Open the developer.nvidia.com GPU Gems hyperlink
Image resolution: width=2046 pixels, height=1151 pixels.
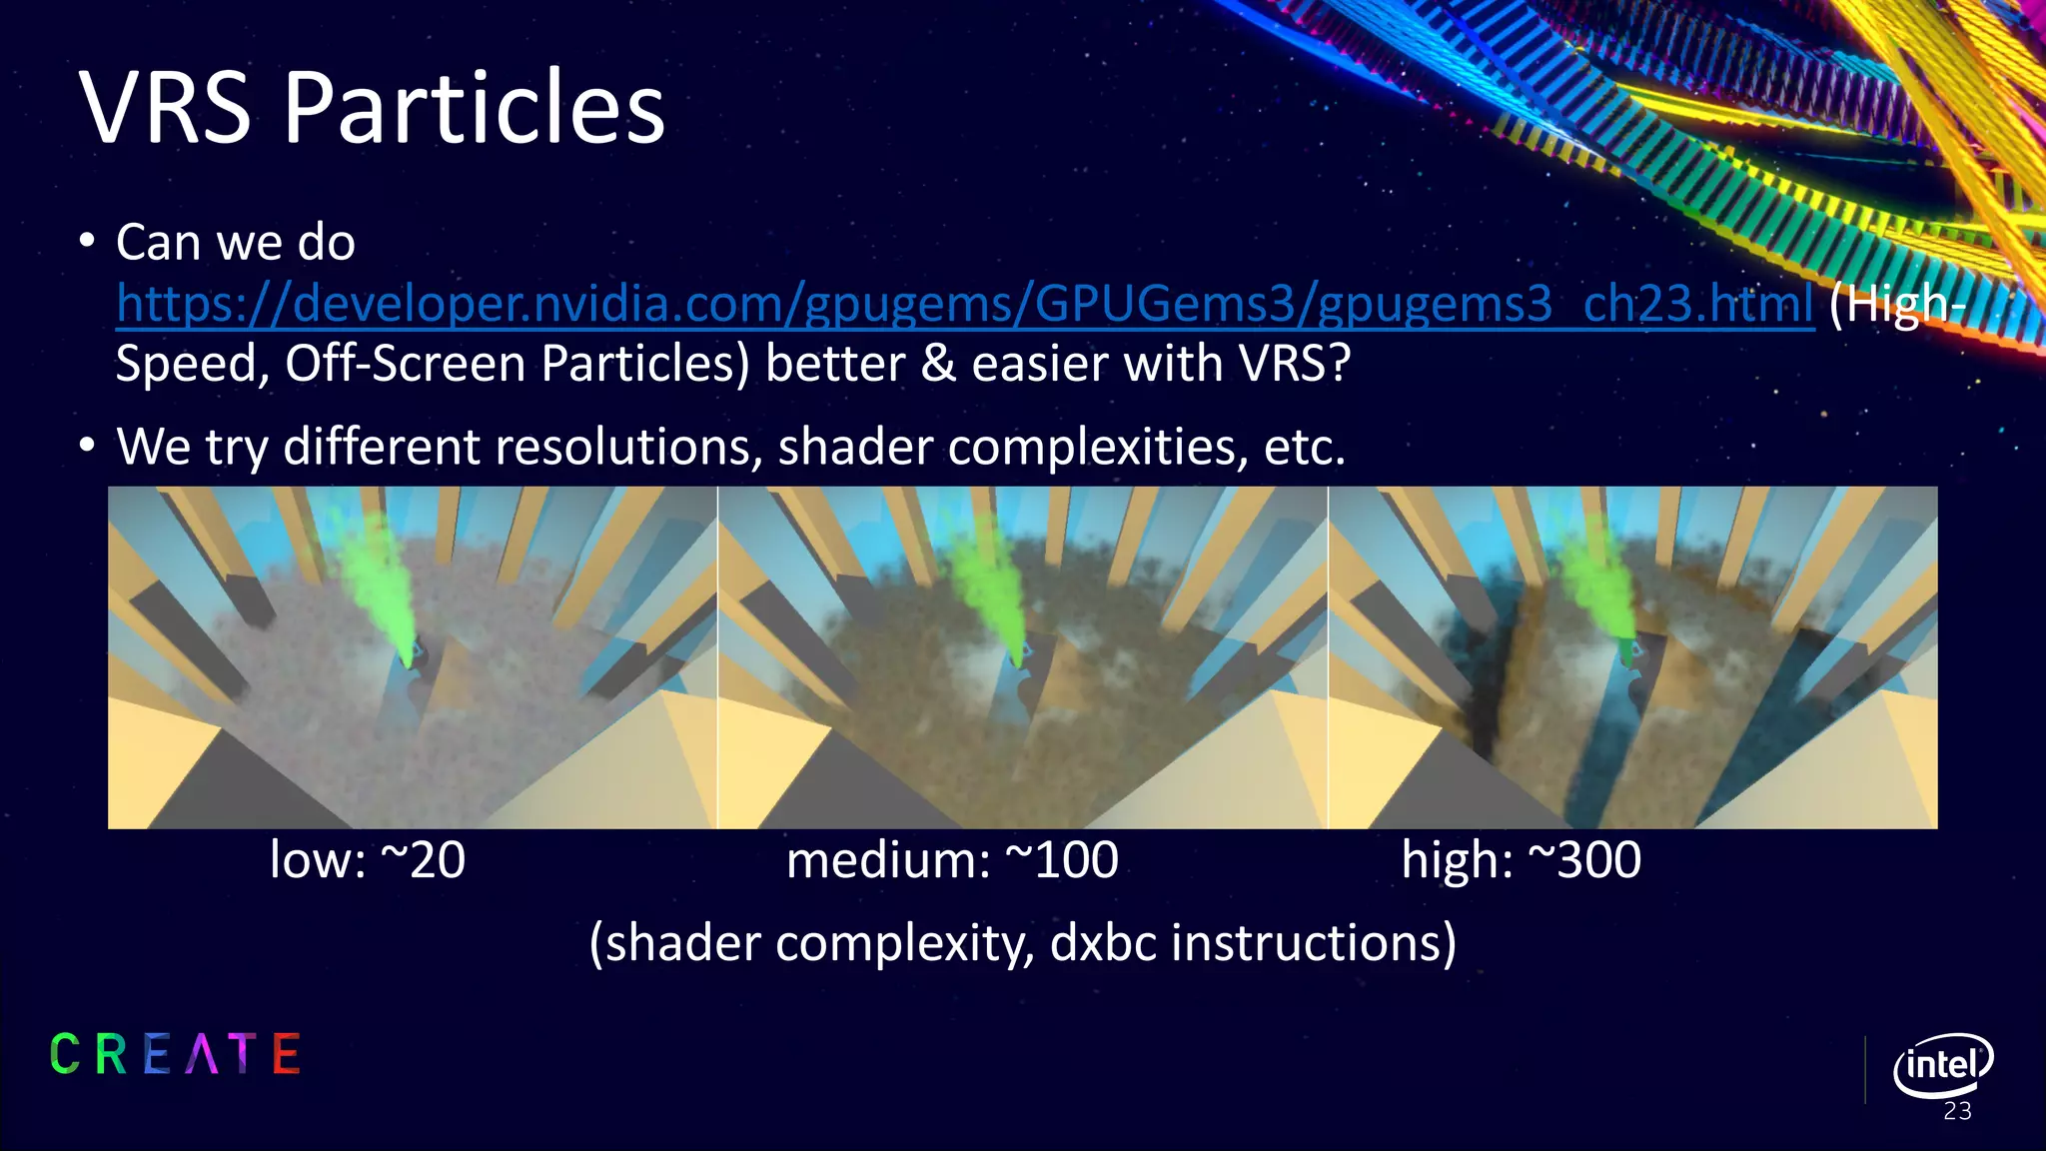(964, 304)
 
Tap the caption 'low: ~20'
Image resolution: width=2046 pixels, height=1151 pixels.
(367, 860)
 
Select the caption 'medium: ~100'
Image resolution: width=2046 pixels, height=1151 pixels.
(952, 860)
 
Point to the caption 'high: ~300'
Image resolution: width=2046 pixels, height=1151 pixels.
(1521, 860)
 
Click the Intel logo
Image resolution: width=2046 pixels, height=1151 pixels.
(1942, 1065)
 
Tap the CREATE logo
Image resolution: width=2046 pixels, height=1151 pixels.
(175, 1054)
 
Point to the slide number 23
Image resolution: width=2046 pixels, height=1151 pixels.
(1957, 1112)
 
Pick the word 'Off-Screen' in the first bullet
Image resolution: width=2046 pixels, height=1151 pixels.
(407, 364)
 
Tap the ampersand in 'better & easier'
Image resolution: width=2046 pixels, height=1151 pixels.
(938, 364)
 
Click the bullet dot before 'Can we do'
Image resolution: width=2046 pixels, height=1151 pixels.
(88, 242)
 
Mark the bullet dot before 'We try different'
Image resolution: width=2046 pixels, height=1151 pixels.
(88, 446)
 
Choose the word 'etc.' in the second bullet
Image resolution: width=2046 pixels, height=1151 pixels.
(1304, 447)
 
